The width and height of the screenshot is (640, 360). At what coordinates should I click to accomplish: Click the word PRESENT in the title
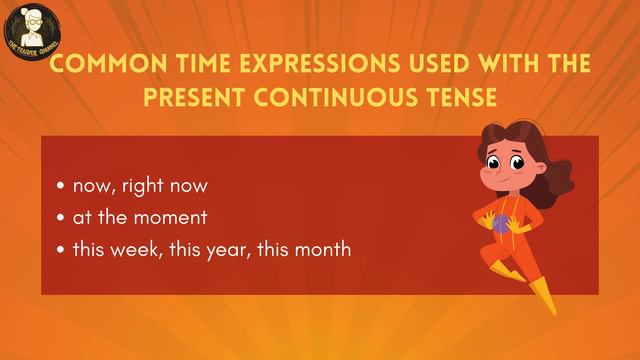(x=207, y=98)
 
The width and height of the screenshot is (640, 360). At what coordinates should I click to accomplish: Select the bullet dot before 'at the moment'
(x=62, y=217)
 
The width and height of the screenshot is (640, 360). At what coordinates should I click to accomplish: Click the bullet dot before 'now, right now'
(x=62, y=186)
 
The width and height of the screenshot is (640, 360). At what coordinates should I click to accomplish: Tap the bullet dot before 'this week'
(x=62, y=249)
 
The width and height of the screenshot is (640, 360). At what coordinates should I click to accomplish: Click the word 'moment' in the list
(x=180, y=217)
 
